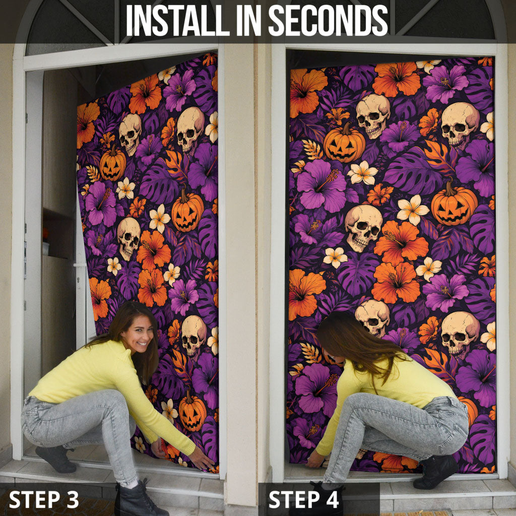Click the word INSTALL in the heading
[x=178, y=20]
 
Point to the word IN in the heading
[x=249, y=20]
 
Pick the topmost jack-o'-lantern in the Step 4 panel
[x=344, y=143]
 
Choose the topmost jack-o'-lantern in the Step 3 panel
[x=112, y=164]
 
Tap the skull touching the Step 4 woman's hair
[x=372, y=316]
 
